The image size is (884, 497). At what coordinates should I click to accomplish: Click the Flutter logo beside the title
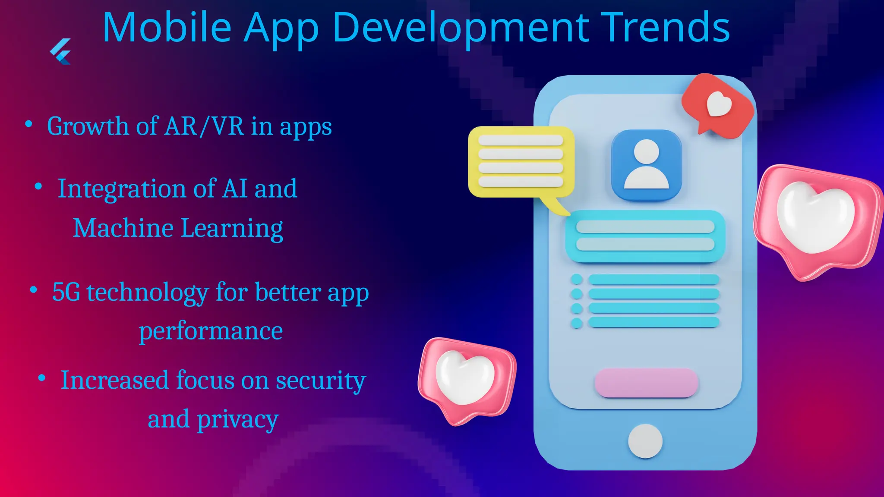[60, 51]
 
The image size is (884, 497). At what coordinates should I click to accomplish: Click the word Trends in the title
[665, 28]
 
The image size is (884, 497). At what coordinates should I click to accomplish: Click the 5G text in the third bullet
[66, 292]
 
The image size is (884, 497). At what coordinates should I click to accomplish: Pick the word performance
[211, 331]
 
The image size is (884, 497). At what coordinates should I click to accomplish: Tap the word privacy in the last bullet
[237, 419]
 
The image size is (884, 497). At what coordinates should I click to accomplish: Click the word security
[321, 381]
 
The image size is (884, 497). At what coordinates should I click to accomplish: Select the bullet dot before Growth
[29, 124]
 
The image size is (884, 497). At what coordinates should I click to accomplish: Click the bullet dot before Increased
[42, 378]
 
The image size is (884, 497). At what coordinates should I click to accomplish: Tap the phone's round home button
[645, 441]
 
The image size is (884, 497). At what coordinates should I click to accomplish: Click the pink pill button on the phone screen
[646, 383]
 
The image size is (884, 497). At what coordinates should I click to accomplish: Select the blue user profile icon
[646, 165]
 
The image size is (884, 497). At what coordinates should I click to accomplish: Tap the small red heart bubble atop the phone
[718, 105]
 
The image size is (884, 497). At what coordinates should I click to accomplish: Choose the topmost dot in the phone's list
[577, 280]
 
